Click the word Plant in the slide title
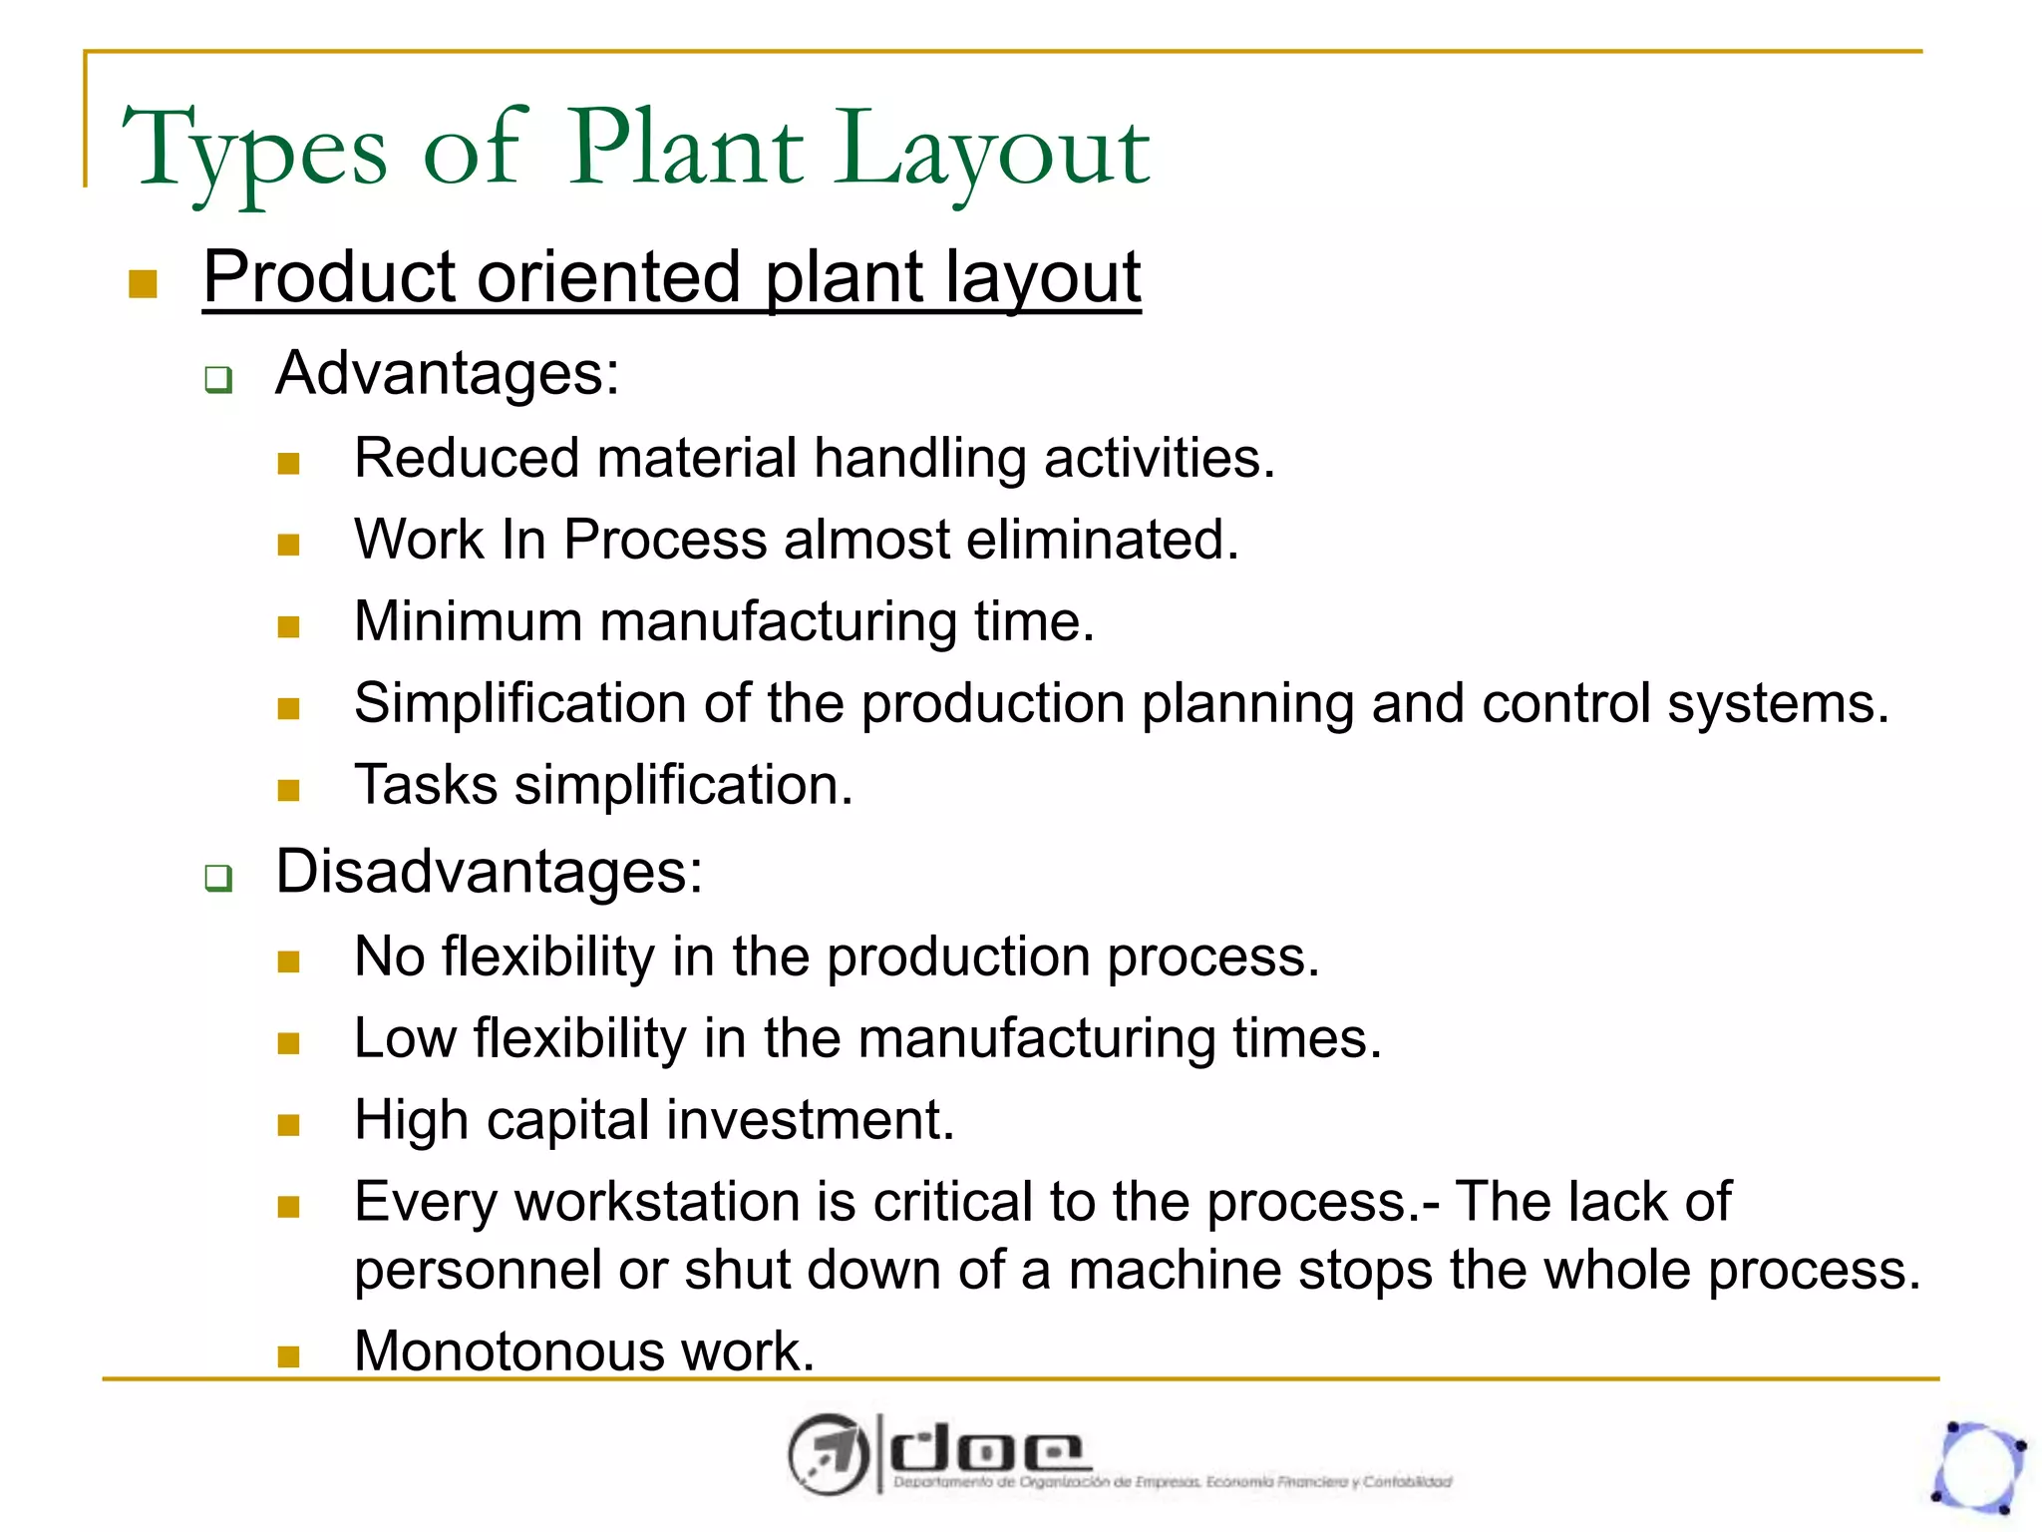click(686, 150)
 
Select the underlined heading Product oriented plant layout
click(671, 277)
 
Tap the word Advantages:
click(448, 374)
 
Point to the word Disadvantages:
click(490, 872)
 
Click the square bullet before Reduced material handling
click(289, 463)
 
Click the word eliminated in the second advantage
click(1102, 540)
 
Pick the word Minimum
click(469, 621)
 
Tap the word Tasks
click(426, 785)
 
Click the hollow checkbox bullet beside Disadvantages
click(218, 878)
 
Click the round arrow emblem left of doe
click(826, 1454)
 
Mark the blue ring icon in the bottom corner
click(1979, 1466)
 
